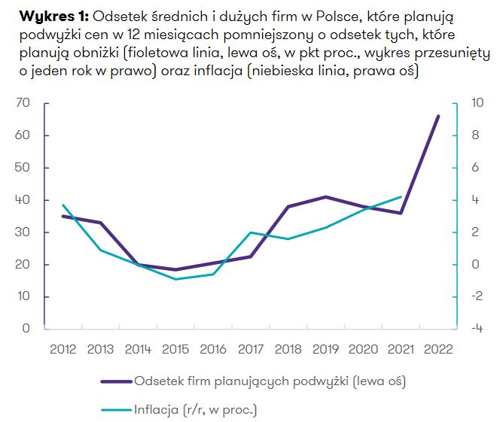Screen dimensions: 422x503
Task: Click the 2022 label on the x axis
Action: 438,349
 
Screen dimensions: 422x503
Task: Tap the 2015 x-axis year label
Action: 175,349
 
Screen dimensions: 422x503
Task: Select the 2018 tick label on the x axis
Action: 288,349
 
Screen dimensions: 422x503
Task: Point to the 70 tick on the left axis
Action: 23,103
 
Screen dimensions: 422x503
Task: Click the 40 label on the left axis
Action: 23,200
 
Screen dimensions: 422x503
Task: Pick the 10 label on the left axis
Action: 23,296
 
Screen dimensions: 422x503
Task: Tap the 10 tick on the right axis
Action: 474,103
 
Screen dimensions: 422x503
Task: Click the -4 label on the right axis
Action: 474,329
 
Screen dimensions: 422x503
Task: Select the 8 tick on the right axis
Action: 476,135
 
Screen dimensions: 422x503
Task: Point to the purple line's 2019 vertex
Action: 325,196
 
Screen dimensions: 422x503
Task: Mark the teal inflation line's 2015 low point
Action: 175,279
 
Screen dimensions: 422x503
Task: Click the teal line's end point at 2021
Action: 401,196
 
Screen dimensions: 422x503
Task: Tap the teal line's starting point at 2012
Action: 62,205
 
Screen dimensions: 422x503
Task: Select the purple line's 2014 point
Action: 138,264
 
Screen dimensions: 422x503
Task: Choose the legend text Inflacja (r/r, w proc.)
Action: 196,410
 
